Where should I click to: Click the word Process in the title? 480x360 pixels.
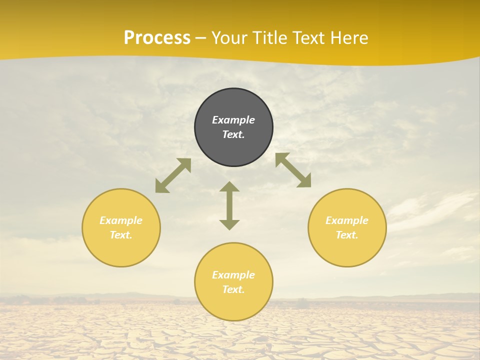click(x=157, y=38)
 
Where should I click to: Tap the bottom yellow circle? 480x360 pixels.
click(x=233, y=305)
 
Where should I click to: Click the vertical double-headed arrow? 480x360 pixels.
click(x=229, y=205)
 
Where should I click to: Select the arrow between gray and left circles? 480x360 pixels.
click(x=173, y=175)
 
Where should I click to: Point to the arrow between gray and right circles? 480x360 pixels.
click(x=293, y=170)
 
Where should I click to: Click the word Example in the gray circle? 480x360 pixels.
click(x=233, y=120)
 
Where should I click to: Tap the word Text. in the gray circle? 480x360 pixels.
click(x=233, y=134)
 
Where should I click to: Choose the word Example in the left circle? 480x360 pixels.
click(x=121, y=220)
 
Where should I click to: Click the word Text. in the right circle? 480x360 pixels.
click(x=347, y=235)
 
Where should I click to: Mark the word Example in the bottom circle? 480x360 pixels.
click(x=233, y=275)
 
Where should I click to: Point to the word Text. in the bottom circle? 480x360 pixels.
click(x=233, y=289)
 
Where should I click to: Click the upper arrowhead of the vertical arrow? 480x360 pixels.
click(x=229, y=186)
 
